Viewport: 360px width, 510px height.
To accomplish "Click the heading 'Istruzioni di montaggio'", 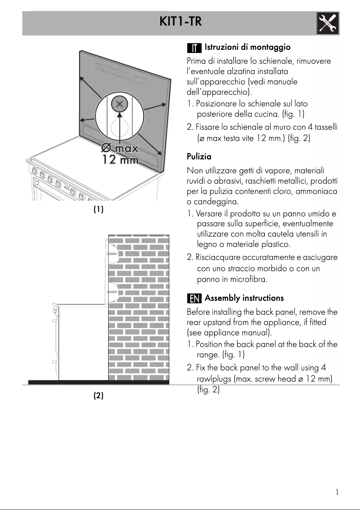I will click(247, 47).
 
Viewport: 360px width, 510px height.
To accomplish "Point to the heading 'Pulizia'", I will click(199, 157).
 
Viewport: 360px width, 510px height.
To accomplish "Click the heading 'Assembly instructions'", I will click(244, 298).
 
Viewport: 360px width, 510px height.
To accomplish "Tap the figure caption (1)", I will click(98, 209).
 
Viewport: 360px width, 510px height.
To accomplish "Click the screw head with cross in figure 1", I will click(119, 104).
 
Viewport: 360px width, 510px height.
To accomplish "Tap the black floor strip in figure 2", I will click(98, 382).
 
